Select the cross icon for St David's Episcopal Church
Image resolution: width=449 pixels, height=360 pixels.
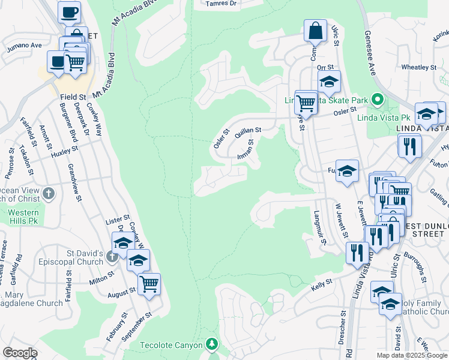(x=111, y=257)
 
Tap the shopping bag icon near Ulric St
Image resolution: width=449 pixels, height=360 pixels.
(x=315, y=29)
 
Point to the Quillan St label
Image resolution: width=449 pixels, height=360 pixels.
(x=247, y=130)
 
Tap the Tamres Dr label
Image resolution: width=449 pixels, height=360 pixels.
(x=221, y=4)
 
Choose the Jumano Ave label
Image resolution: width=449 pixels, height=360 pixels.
(x=24, y=45)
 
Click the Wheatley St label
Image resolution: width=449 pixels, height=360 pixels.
(x=418, y=67)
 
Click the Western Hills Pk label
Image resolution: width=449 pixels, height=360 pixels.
(x=23, y=217)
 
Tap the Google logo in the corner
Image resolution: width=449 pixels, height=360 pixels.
(x=20, y=352)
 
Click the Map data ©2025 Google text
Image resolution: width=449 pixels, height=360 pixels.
(x=411, y=355)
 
